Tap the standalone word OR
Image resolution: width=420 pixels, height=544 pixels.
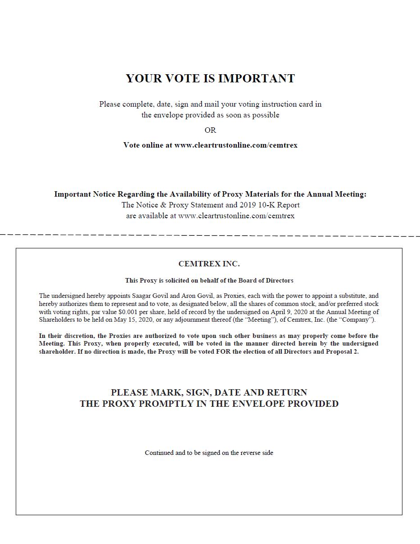[x=210, y=130]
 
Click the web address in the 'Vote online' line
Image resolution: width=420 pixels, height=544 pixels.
[x=236, y=145]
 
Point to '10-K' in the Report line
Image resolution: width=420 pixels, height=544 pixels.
[x=265, y=205]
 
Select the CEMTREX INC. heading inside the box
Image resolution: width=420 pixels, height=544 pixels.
[x=209, y=264]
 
